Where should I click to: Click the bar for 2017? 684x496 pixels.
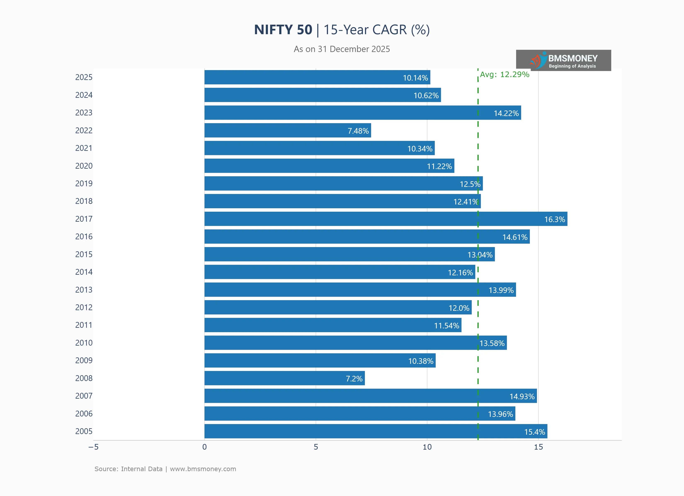[x=386, y=219]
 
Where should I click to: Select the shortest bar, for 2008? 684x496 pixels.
[x=284, y=378]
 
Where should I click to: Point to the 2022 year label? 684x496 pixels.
[x=84, y=130]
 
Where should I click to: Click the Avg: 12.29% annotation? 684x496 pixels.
[x=504, y=74]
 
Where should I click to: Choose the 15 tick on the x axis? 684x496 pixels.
[x=538, y=447]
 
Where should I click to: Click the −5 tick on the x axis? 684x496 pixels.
[x=93, y=447]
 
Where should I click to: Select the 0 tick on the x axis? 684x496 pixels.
[x=205, y=447]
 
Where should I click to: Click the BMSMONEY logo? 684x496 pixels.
[x=563, y=60]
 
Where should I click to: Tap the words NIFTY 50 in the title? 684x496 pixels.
[x=283, y=30]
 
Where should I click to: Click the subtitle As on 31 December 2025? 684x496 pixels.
[x=342, y=49]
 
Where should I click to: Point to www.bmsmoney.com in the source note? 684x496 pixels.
[x=203, y=469]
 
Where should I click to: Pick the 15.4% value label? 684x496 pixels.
[x=534, y=432]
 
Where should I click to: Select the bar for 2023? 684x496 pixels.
[x=363, y=113]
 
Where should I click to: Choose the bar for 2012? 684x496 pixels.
[x=338, y=307]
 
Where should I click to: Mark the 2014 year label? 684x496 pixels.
[x=84, y=272]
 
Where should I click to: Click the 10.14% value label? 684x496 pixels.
[x=415, y=78]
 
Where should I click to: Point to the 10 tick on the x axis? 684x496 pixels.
[x=427, y=447]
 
